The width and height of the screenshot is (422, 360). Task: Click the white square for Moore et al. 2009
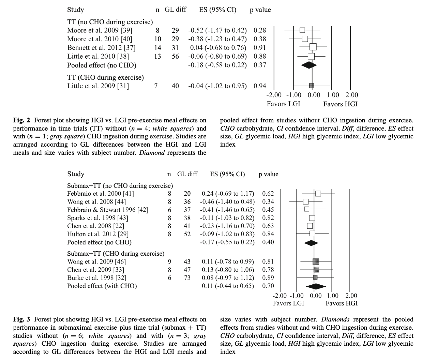(302, 30)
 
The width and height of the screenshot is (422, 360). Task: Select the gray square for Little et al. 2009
(311, 86)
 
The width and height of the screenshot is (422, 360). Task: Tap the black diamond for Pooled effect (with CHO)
(316, 286)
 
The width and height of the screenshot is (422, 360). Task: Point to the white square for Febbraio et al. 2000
(318, 194)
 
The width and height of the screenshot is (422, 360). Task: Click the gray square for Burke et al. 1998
(315, 277)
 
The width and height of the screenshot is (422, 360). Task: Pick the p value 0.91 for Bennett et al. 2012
(260, 48)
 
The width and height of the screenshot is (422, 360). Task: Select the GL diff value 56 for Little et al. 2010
(175, 56)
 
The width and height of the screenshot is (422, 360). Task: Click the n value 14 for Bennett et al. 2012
(157, 48)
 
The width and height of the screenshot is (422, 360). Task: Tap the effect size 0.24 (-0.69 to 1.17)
(228, 194)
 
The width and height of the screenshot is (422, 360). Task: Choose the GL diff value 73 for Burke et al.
(187, 277)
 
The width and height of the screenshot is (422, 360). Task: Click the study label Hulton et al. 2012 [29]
(98, 234)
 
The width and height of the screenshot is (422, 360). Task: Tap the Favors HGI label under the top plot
(340, 104)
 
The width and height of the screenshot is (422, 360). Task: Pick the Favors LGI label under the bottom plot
(288, 303)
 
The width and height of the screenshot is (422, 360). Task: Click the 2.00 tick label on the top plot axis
(351, 95)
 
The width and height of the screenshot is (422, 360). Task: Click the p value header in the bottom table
(268, 174)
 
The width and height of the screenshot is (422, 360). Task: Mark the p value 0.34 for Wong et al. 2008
(268, 202)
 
